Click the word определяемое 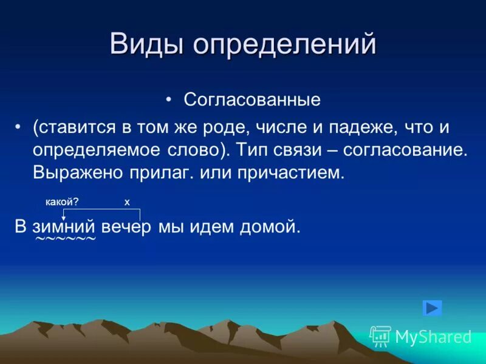tap(90, 150)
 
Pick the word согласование tap(416, 150)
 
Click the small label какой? tap(62, 202)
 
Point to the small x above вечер tap(127, 203)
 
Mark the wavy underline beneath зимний tap(66, 240)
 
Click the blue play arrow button tap(433, 308)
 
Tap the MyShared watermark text tap(433, 337)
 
